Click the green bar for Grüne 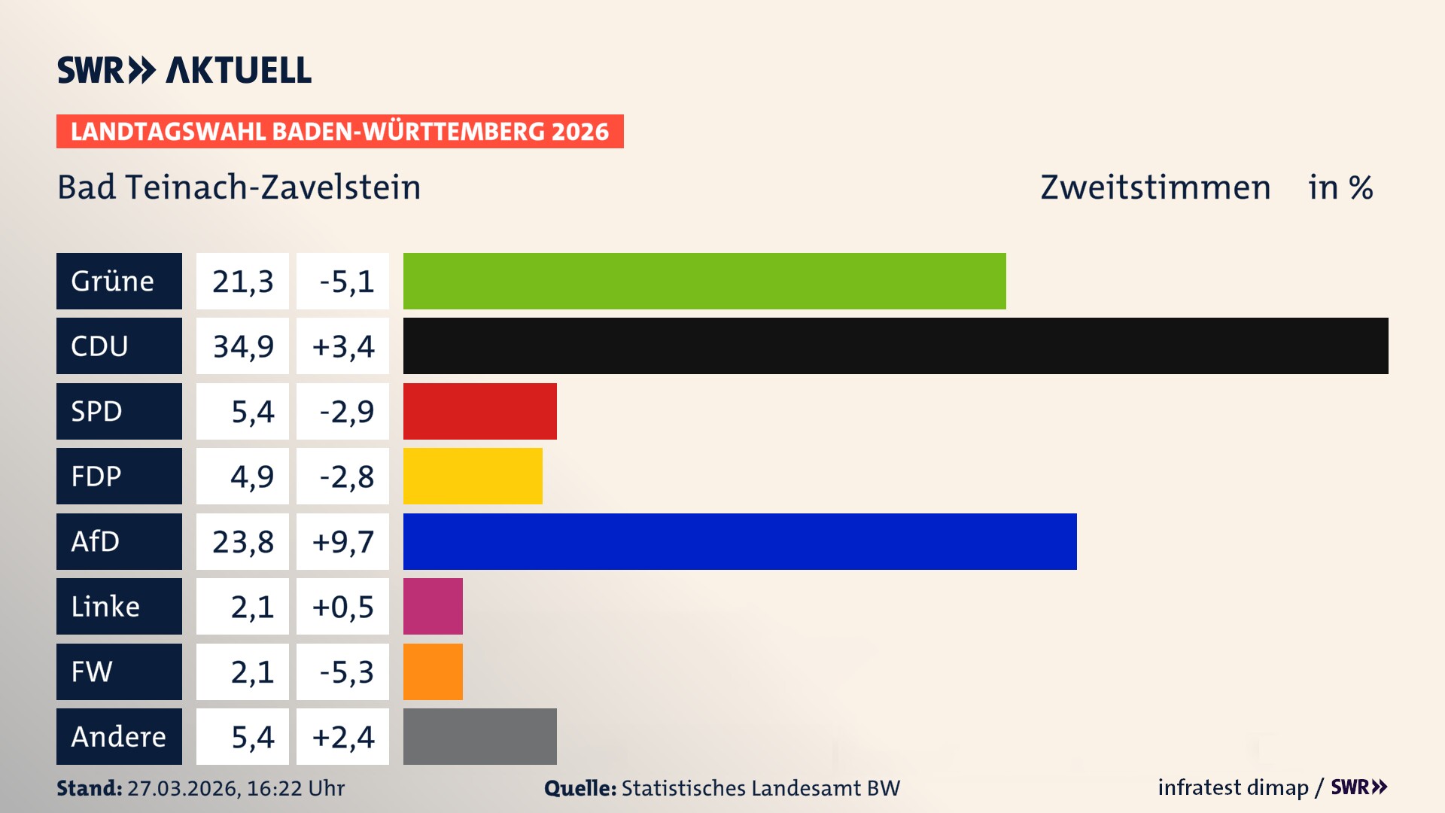(704, 281)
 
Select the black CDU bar (896, 346)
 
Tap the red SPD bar (480, 411)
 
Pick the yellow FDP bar (473, 476)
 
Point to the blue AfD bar (740, 541)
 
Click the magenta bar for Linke (433, 606)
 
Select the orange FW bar (433, 671)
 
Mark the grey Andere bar (480, 736)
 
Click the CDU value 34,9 (242, 346)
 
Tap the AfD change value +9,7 (343, 541)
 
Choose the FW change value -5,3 (345, 671)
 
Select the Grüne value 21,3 (242, 282)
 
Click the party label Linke (105, 606)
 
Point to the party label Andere (118, 736)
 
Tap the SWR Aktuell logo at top (184, 70)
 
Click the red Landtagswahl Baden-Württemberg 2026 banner (339, 131)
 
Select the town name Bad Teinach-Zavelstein (239, 187)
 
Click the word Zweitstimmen (1155, 187)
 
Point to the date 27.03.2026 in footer (183, 788)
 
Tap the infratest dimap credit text (1232, 787)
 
